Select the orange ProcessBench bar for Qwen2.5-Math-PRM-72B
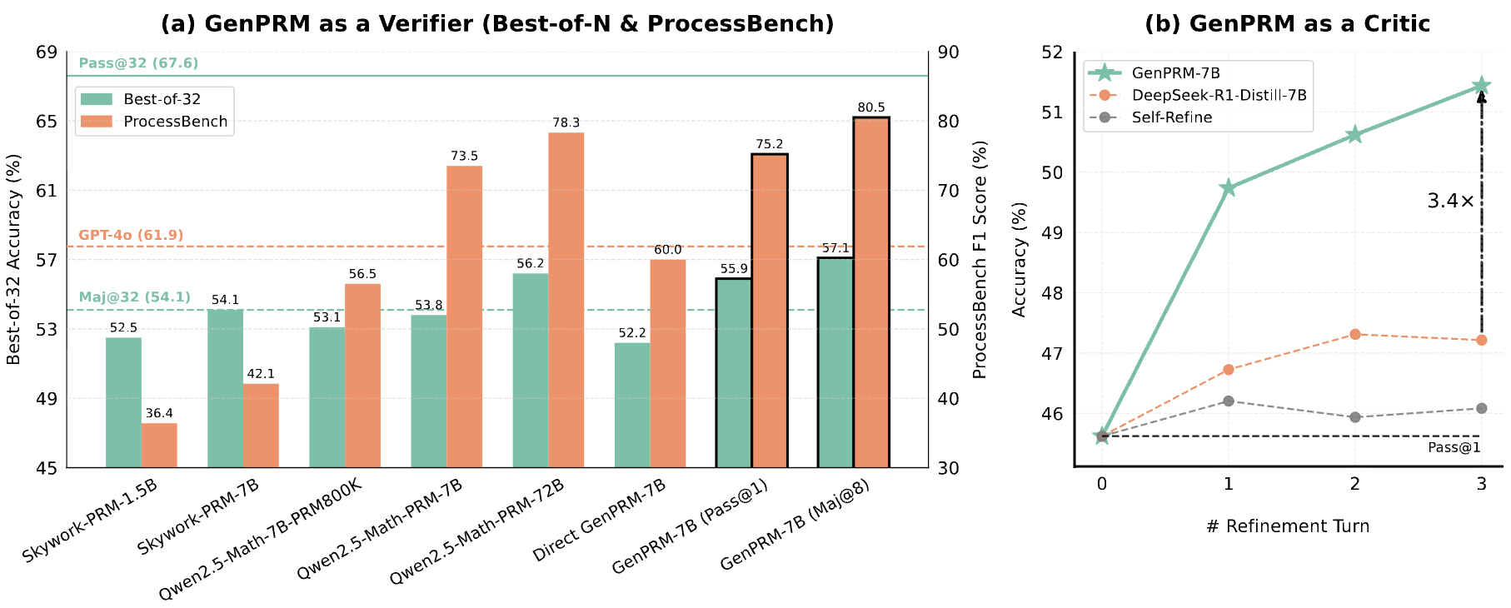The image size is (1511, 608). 566,300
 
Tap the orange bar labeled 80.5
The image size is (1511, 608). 871,292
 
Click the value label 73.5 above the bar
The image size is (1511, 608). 464,156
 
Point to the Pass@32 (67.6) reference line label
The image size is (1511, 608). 138,63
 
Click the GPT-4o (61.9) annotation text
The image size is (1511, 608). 131,235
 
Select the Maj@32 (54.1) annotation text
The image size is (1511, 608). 134,297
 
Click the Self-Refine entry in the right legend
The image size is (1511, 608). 1171,117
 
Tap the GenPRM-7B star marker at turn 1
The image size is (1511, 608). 1228,188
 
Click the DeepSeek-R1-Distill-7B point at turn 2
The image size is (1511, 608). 1354,334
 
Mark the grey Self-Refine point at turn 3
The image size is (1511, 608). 1481,408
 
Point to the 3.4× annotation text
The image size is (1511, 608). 1450,201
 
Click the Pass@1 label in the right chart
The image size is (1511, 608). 1454,447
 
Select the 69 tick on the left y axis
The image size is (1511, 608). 47,52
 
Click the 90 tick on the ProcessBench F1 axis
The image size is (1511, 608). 948,52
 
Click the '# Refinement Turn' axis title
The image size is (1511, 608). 1287,526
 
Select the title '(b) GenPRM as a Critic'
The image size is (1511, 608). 1287,23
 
